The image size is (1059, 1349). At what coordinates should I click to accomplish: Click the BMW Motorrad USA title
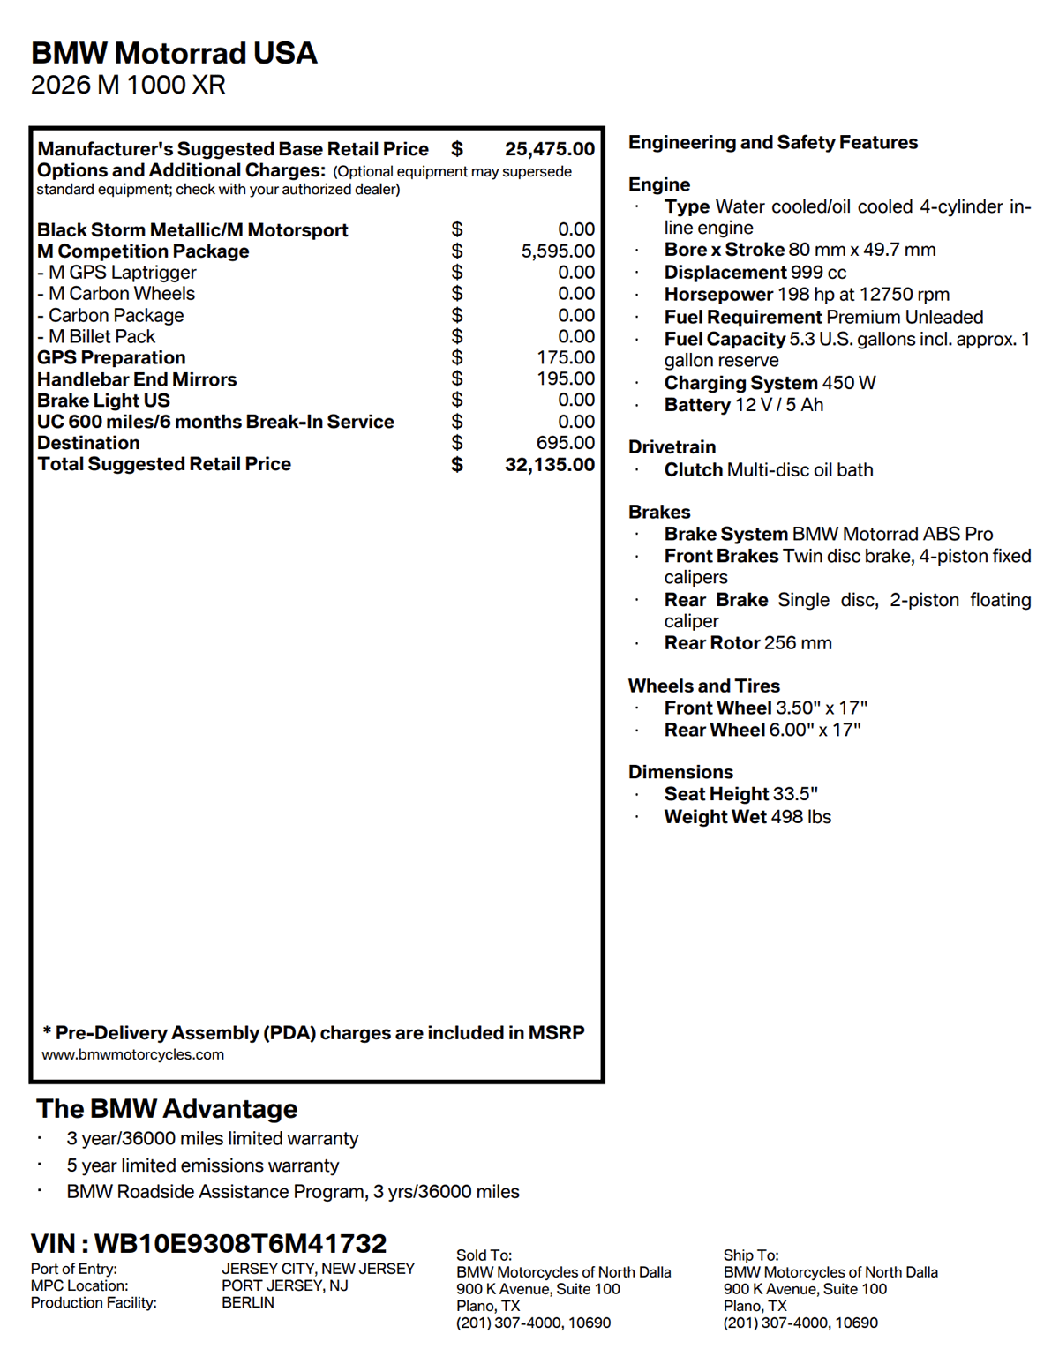(174, 53)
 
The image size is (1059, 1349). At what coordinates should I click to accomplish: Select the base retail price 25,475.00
(549, 149)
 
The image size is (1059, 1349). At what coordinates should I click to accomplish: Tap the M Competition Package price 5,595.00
(558, 251)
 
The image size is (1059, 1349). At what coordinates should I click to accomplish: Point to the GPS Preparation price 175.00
(566, 357)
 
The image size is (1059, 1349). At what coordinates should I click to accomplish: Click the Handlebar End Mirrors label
(137, 379)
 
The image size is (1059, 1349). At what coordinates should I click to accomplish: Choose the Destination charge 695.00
(566, 443)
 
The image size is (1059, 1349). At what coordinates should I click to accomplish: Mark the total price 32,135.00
(549, 465)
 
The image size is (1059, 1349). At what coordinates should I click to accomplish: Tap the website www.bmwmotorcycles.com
(133, 1054)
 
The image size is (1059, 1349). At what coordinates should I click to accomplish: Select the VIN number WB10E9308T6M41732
(240, 1244)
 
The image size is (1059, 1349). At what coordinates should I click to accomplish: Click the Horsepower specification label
(718, 295)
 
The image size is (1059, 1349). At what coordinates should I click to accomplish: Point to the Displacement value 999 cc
(818, 273)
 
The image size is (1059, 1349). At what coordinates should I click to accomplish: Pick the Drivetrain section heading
(672, 447)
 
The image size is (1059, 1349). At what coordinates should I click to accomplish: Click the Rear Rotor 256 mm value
(798, 643)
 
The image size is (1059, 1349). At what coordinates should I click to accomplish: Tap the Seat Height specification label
(717, 794)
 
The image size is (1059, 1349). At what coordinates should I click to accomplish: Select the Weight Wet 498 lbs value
(800, 817)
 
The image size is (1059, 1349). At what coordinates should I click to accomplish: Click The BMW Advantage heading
(167, 1109)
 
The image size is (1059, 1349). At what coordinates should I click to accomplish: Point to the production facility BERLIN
(248, 1303)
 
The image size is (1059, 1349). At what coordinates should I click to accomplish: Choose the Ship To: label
(751, 1255)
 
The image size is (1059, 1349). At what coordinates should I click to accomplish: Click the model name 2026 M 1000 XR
(128, 86)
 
